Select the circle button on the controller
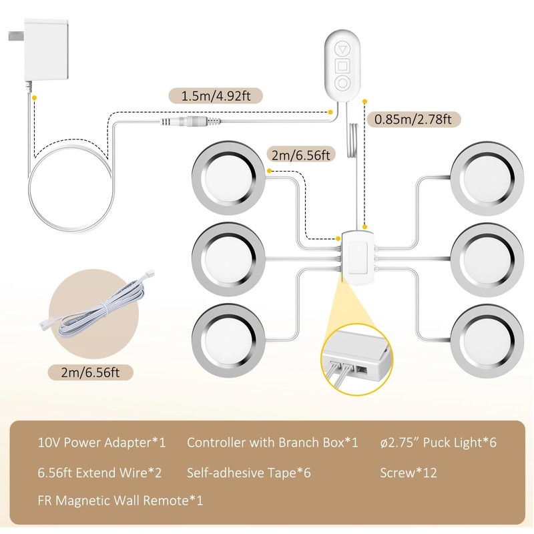pos(342,83)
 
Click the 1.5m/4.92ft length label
pos(216,95)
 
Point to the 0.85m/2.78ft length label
pos(413,119)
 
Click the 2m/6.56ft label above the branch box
pos(301,155)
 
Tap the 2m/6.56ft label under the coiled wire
pos(90,372)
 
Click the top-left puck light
pos(228,178)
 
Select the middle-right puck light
pos(487,260)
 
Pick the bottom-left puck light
pos(228,340)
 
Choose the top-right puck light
pos(487,178)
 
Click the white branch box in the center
pos(357,258)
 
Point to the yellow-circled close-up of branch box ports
pos(356,360)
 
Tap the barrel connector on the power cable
pos(191,121)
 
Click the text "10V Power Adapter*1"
pos(101,443)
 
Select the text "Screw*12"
pos(409,473)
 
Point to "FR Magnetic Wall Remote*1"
pos(121,500)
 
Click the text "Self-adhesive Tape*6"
pos(248,473)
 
